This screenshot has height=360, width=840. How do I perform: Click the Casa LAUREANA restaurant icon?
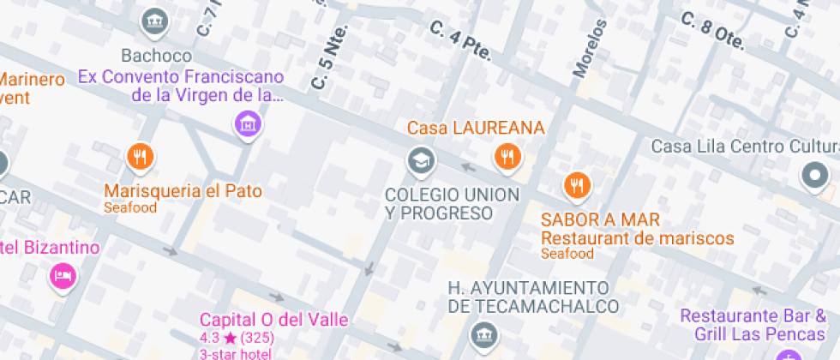507,156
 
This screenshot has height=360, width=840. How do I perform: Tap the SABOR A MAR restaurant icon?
577,185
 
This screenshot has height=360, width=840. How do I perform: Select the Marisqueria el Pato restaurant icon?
140,157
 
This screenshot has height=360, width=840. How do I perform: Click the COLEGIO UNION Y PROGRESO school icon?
420,159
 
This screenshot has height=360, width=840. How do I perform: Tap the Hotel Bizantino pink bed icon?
62,276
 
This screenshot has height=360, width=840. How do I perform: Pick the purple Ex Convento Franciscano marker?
248,123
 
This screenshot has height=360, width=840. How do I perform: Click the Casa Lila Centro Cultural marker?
814,176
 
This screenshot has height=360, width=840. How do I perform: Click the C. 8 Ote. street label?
711,32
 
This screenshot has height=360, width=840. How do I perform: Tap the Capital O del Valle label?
274,320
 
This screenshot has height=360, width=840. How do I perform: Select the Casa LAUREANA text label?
476,128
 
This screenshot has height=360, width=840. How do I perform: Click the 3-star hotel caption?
236,353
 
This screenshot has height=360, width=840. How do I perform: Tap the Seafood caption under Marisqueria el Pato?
130,207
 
